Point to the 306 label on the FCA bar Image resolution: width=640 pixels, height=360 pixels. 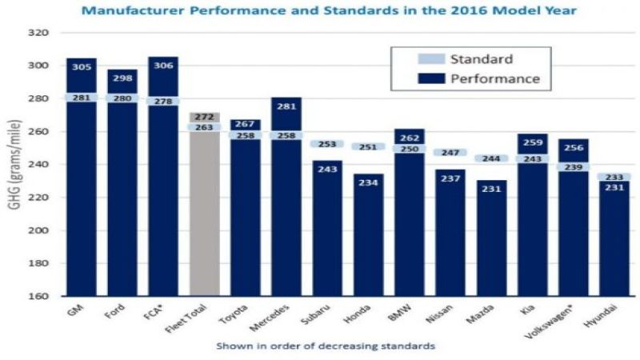tap(163, 68)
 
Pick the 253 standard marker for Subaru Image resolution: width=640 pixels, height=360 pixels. tap(328, 144)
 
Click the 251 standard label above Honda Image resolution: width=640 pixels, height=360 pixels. tap(369, 147)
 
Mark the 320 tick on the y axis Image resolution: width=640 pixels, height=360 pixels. tap(39, 34)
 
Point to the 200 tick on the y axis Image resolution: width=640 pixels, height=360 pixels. tap(39, 230)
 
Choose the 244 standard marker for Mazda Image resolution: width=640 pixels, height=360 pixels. tap(491, 158)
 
